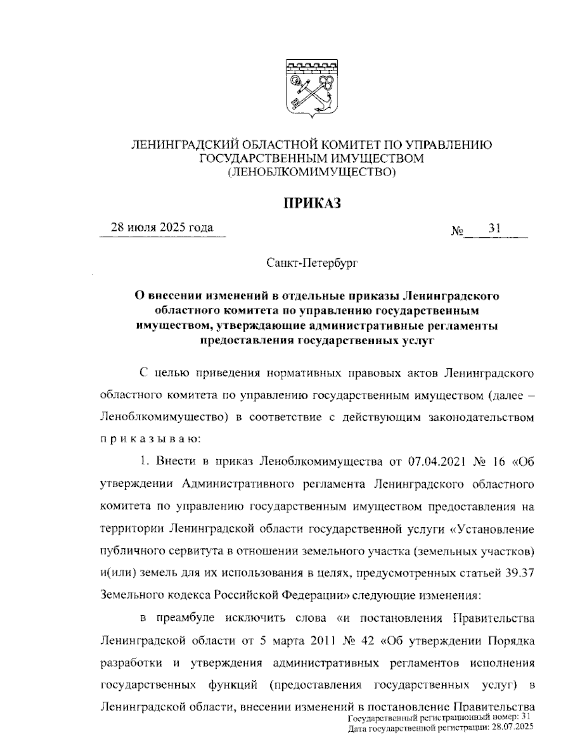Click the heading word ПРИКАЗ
pos(312,203)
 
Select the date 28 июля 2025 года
pos(162,227)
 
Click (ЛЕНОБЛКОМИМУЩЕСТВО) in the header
pos(312,171)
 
